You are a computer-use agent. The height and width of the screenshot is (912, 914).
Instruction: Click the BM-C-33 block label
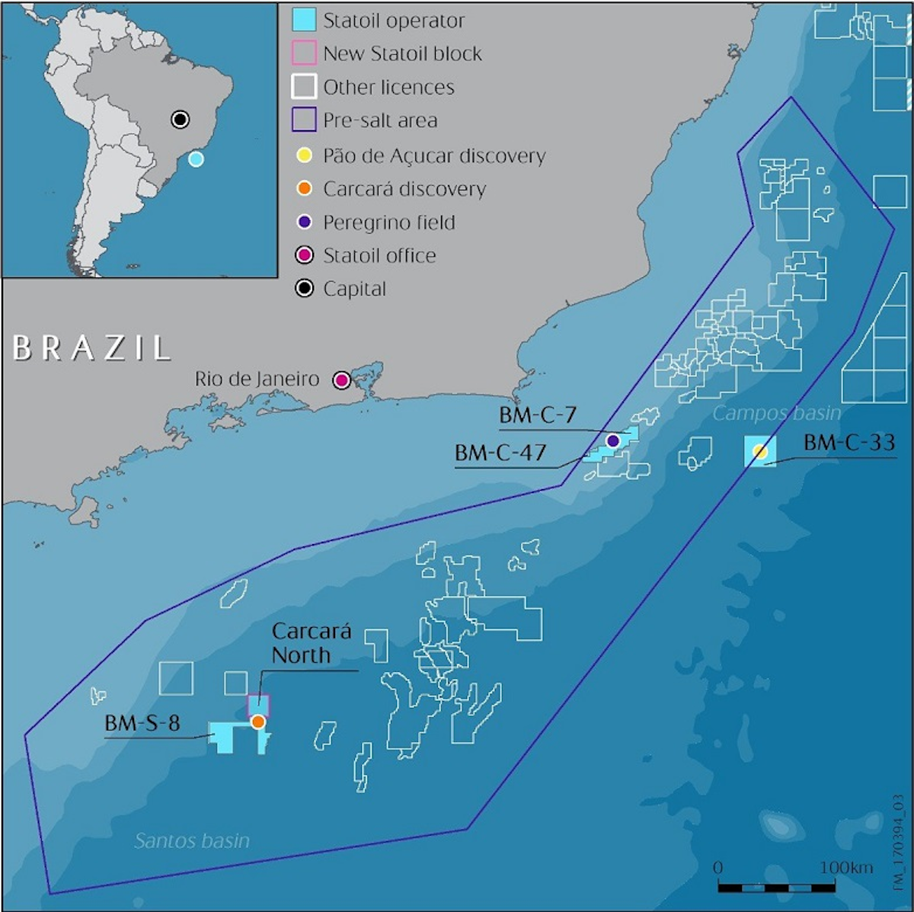point(848,443)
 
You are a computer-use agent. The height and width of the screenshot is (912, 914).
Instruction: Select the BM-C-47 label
point(500,453)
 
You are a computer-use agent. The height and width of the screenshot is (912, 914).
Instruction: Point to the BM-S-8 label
point(142,722)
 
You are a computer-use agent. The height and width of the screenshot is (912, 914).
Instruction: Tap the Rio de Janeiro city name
point(257,379)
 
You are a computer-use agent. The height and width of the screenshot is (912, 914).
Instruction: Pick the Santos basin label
point(192,841)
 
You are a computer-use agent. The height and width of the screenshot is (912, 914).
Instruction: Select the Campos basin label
point(777,414)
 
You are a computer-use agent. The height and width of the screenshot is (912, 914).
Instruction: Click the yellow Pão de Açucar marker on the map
point(759,451)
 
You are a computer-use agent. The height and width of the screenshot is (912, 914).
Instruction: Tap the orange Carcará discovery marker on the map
point(258,721)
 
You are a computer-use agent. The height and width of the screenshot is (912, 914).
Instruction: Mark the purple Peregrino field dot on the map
point(613,440)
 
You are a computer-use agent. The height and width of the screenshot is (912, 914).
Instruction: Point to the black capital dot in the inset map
point(180,119)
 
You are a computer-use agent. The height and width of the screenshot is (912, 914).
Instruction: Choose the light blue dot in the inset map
point(196,159)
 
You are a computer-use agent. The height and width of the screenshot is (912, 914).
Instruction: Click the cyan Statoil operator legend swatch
point(304,21)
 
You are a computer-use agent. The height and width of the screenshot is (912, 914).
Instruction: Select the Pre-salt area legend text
point(380,120)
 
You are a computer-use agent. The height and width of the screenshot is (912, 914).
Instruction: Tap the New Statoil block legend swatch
point(304,54)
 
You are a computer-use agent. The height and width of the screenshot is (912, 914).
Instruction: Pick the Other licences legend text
point(388,88)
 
